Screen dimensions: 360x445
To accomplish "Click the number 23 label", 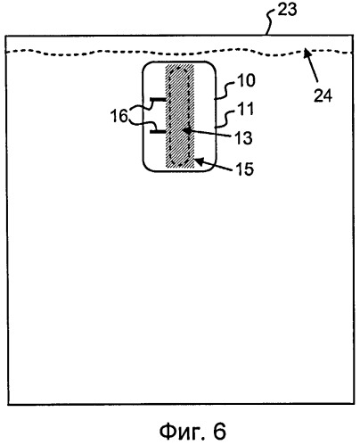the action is (x=287, y=10).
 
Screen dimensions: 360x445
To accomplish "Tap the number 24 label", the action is (x=323, y=95).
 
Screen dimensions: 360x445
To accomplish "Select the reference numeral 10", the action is (x=246, y=80).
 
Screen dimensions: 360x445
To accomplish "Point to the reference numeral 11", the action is (x=245, y=109).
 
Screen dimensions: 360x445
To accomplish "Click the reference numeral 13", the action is (x=243, y=138).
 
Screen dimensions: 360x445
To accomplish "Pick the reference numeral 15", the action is (x=245, y=169).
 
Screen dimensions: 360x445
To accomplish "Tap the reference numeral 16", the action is (x=119, y=116).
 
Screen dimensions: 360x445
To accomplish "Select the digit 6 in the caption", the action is (x=219, y=432).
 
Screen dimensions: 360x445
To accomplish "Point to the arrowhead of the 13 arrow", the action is (x=185, y=130).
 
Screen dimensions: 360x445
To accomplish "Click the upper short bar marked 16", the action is (x=158, y=98).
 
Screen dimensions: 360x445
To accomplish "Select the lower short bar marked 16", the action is (x=158, y=131).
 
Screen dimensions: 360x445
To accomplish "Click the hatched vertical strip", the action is (x=180, y=116).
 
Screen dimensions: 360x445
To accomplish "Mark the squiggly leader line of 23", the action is (x=271, y=22).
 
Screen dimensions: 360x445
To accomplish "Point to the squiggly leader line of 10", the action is (x=225, y=91).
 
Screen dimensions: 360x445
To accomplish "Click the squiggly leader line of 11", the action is (x=225, y=119).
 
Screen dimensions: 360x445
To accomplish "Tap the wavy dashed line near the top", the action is (x=180, y=53).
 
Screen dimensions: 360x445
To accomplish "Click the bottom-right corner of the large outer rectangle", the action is (x=354, y=404).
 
